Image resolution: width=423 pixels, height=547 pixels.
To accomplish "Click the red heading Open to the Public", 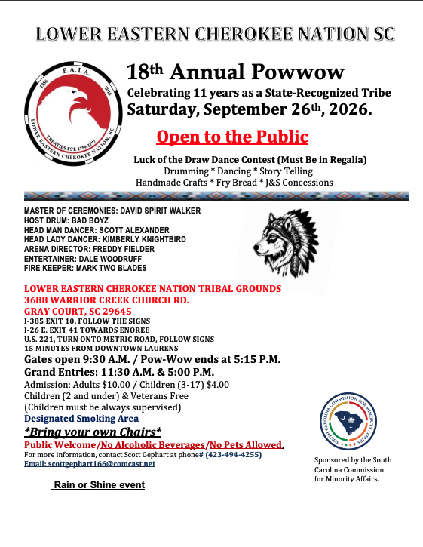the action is [x=232, y=137].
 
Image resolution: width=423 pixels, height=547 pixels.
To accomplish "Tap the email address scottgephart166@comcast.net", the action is [x=90, y=464].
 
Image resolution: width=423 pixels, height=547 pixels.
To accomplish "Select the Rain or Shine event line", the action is [x=98, y=485].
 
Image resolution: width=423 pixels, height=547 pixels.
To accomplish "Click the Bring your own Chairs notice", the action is [x=93, y=432].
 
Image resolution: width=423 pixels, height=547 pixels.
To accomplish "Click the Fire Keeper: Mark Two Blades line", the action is [x=85, y=268].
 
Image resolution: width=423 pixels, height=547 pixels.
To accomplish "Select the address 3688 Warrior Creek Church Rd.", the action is [x=106, y=300].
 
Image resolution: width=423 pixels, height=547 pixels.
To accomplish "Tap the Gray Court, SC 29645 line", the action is [x=78, y=310].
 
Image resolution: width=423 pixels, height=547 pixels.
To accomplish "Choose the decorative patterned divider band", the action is [x=216, y=195].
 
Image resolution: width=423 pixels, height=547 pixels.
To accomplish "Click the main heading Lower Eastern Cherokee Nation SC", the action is [x=215, y=34].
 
